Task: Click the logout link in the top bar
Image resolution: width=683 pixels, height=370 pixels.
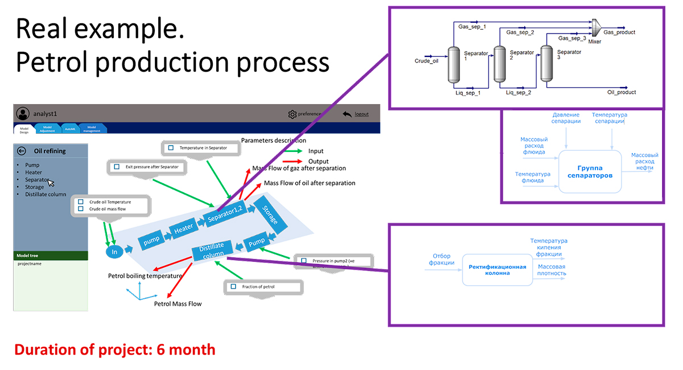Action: [361, 114]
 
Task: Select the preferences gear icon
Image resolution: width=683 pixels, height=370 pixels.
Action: [293, 114]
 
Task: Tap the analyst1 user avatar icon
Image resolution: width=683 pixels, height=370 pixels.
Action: [23, 113]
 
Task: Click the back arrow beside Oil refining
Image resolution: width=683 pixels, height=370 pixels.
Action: [22, 151]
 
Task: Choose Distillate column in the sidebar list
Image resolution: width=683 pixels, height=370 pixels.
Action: [46, 194]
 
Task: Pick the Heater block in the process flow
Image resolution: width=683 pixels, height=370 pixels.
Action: [183, 228]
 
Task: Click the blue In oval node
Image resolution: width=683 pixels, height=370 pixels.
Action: [114, 252]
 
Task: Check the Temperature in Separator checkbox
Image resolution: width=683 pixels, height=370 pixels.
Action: [170, 148]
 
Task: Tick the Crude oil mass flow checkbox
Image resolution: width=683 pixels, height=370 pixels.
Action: [80, 209]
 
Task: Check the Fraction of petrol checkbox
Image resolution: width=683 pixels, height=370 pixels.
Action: [233, 287]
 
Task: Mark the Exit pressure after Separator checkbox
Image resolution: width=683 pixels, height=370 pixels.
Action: [117, 167]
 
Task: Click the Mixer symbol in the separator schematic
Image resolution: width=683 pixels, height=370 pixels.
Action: [595, 27]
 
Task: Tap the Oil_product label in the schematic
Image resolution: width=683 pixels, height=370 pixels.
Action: [621, 92]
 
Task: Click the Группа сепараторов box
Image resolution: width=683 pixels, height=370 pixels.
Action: [590, 171]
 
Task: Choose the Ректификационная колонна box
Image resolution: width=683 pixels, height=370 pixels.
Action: [497, 269]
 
